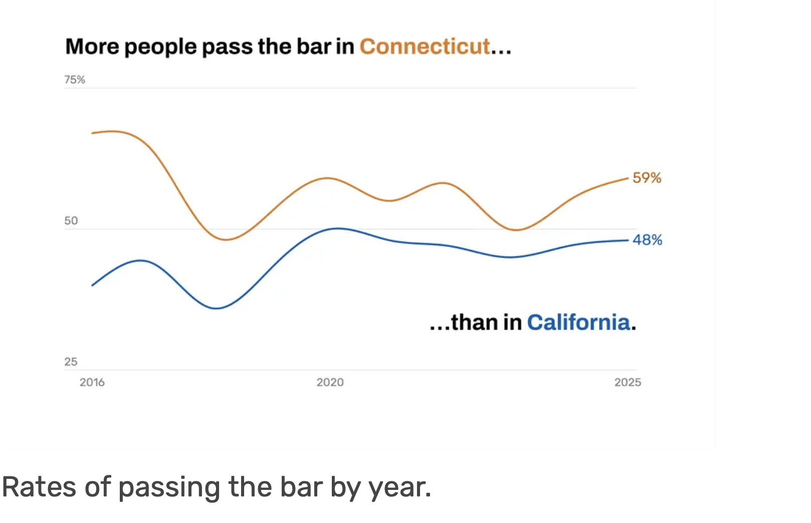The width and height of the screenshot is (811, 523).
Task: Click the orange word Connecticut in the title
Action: click(425, 47)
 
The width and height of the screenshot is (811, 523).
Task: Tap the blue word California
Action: click(578, 322)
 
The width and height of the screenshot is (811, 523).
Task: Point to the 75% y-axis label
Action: click(75, 80)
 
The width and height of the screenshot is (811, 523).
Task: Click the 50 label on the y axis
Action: click(71, 221)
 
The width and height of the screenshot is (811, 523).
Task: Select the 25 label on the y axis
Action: click(71, 362)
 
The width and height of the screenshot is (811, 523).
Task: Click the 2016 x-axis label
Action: click(92, 382)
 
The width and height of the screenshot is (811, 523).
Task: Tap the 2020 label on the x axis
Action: click(330, 382)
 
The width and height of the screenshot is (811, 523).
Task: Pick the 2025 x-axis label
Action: click(628, 382)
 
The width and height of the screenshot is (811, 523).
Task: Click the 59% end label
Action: click(647, 178)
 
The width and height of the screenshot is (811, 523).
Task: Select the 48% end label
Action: click(648, 240)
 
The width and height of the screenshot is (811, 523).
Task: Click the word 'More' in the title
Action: click(92, 47)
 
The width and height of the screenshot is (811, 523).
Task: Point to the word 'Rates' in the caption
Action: click(39, 487)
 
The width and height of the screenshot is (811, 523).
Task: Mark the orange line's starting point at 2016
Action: click(92, 133)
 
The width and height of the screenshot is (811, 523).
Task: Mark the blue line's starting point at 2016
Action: click(92, 286)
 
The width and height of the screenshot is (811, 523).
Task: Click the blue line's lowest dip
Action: click(216, 309)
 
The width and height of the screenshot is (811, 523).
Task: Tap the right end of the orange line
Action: click(628, 178)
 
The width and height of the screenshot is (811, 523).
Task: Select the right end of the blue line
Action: click(628, 240)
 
